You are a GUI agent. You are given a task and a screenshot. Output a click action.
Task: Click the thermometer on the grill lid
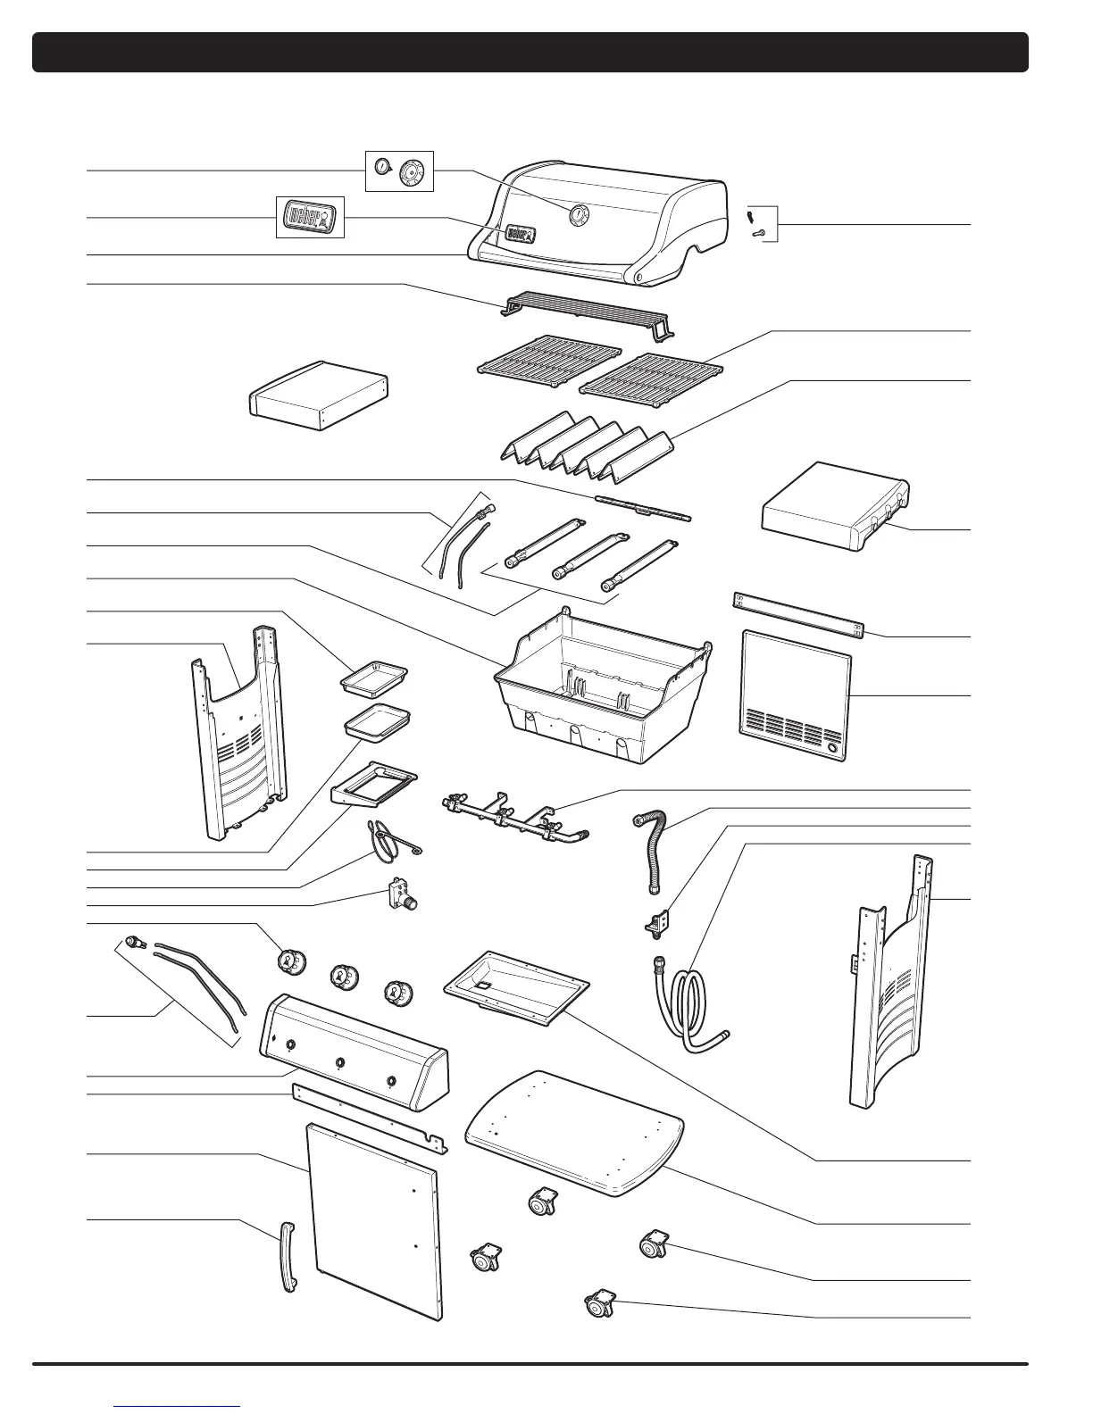(579, 214)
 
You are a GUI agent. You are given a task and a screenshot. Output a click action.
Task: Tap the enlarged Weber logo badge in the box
(308, 218)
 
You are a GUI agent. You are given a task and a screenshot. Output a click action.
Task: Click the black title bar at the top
(530, 53)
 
